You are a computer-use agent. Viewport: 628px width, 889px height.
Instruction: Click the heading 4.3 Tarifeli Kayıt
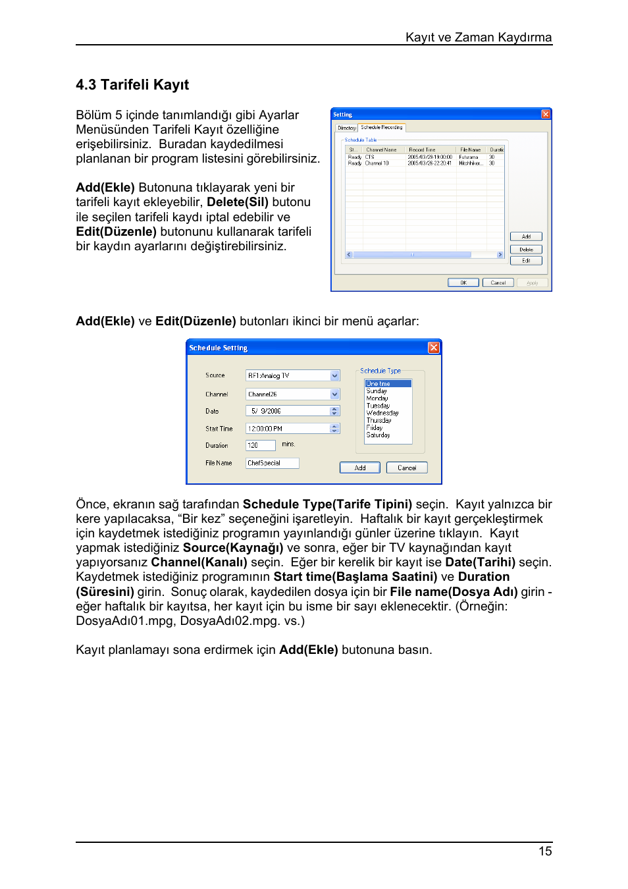point(132,85)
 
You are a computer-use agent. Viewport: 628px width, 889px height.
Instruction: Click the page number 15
point(545,851)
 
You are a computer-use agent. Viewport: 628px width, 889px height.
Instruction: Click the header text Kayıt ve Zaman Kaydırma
point(478,38)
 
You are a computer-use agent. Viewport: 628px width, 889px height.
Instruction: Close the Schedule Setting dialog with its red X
point(434,348)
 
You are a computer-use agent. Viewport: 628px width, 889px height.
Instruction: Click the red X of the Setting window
point(546,115)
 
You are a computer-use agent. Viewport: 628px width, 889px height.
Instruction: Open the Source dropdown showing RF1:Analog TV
point(335,376)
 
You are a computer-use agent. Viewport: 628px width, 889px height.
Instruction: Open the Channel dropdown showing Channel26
point(335,394)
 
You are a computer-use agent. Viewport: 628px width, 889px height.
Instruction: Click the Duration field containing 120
point(260,446)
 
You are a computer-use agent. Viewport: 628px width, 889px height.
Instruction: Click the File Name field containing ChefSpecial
point(272,464)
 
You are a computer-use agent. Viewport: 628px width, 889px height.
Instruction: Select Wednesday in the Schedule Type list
point(382,413)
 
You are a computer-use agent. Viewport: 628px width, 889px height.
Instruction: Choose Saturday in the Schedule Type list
point(379,435)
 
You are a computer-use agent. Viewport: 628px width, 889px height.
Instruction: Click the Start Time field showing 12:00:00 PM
point(288,429)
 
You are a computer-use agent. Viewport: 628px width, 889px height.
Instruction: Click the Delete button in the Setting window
point(526,250)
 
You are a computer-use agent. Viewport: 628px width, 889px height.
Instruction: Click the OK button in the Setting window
point(463,283)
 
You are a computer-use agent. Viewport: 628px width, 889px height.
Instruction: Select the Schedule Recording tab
point(382,128)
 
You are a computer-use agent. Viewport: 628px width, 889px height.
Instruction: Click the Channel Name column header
point(381,150)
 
